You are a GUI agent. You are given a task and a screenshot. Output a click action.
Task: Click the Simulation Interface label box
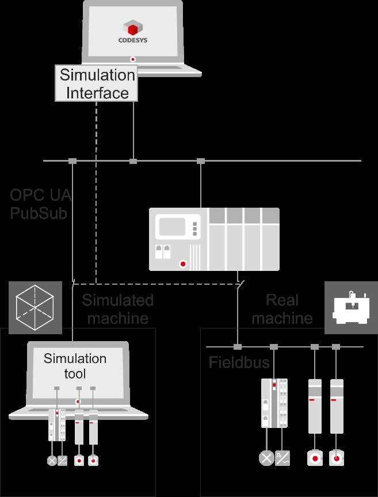97,83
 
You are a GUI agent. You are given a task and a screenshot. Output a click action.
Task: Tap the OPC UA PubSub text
40,204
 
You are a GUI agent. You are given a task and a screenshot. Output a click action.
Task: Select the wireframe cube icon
36,308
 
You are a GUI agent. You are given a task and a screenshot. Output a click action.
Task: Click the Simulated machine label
117,309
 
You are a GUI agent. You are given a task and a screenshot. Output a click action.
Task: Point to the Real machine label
282,309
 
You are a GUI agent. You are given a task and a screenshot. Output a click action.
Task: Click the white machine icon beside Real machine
350,308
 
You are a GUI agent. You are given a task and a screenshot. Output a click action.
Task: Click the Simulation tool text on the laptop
75,366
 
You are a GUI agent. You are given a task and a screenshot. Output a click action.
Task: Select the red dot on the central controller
184,265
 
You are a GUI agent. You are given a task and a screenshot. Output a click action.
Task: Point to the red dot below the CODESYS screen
133,58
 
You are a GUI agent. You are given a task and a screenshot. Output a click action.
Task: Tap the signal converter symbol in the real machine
282,458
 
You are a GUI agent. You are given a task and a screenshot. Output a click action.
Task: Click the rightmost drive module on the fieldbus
336,405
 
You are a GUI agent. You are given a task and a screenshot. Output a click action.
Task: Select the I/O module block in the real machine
274,403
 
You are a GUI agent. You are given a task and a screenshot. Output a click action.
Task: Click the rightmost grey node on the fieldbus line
336,347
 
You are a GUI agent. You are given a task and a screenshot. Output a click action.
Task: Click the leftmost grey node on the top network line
72,161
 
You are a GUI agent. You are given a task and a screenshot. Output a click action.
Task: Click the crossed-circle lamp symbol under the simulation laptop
52,461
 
